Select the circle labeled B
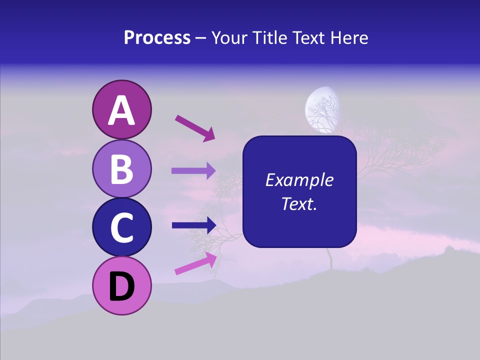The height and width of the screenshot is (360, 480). point(121,168)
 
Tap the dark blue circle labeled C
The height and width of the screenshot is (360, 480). point(121,227)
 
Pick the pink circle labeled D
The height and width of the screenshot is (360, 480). point(121,285)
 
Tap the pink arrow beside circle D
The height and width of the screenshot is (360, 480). point(195,263)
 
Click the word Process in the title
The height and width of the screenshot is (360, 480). point(157,38)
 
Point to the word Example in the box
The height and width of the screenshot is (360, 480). point(299,180)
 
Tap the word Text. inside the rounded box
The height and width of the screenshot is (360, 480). point(299,203)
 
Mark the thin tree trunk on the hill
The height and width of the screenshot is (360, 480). point(330,259)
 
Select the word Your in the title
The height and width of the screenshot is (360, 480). point(228,38)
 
